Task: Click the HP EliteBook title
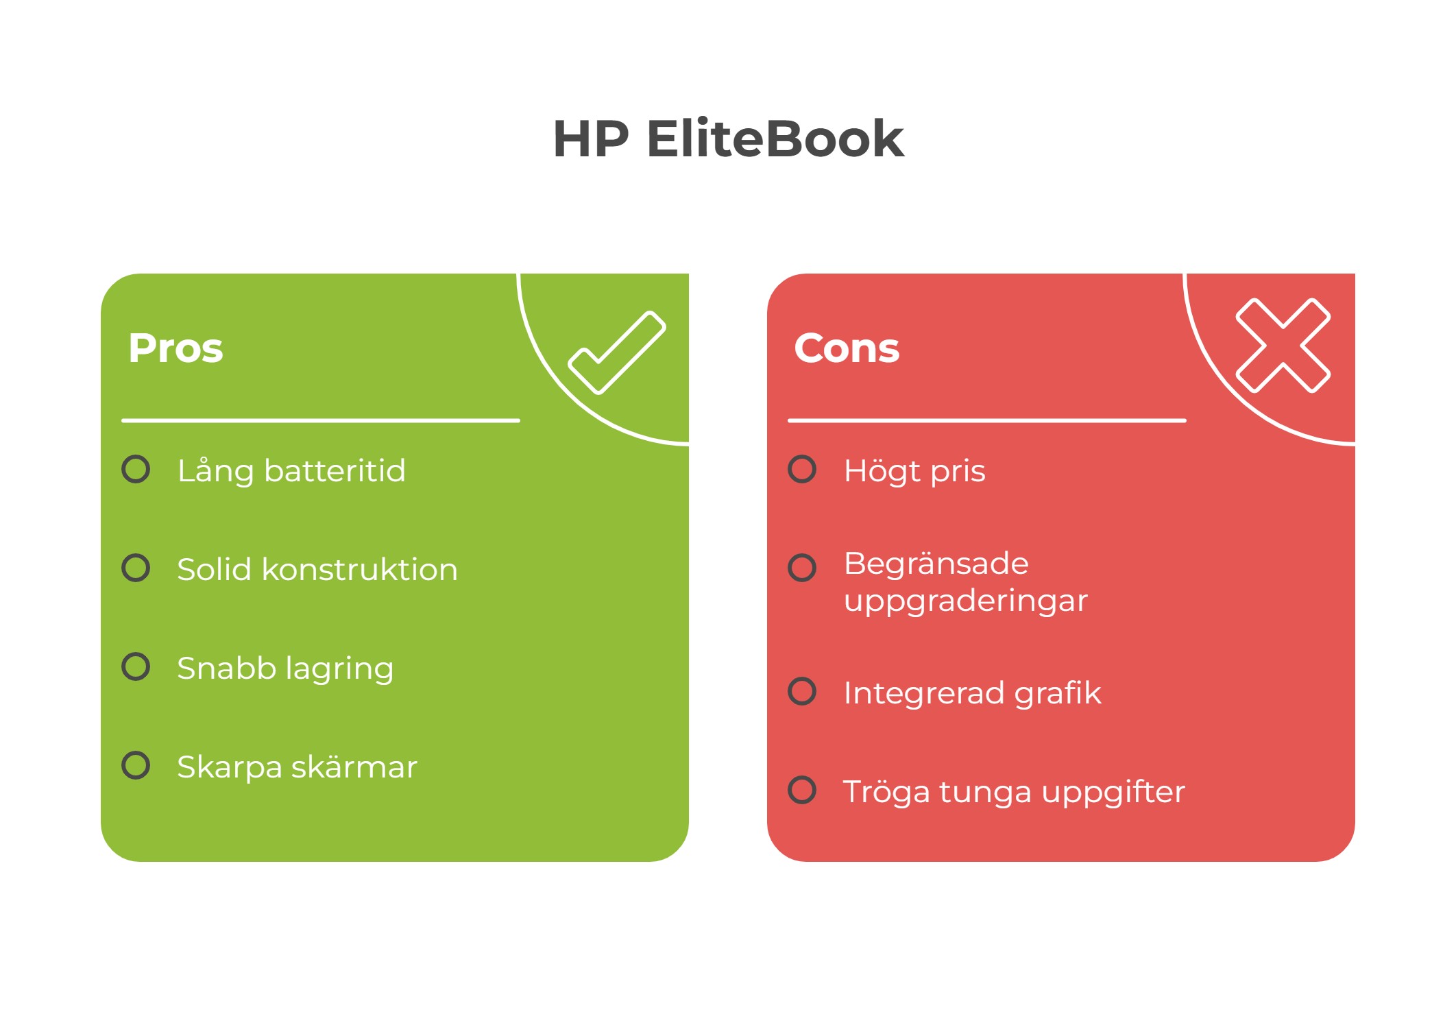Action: click(x=728, y=139)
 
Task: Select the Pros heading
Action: click(x=175, y=348)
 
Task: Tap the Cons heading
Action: click(x=847, y=348)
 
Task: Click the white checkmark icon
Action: click(x=616, y=352)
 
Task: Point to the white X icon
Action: click(x=1283, y=346)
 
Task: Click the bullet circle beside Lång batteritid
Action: click(x=136, y=470)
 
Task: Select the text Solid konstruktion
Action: click(x=317, y=570)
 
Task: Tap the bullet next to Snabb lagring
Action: click(x=136, y=666)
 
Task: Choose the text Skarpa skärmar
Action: click(x=297, y=767)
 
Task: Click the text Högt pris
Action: click(x=914, y=471)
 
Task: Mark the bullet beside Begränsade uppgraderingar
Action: click(x=802, y=568)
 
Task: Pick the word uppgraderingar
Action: click(x=965, y=601)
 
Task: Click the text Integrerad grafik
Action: click(x=972, y=693)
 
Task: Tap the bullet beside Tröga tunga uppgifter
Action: click(x=802, y=790)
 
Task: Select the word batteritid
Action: click(x=335, y=471)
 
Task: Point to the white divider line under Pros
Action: click(x=321, y=420)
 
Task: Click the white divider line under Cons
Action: click(x=987, y=420)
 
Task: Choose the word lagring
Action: click(x=339, y=668)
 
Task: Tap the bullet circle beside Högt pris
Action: click(x=802, y=470)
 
